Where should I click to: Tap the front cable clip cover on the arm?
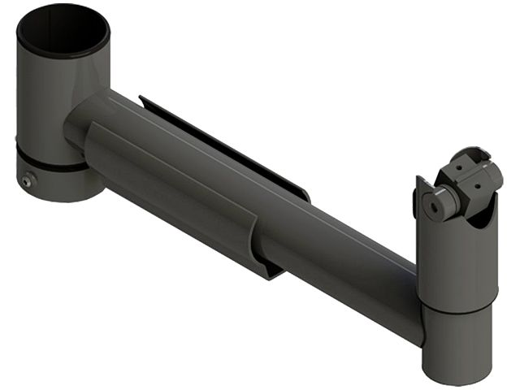(x=175, y=187)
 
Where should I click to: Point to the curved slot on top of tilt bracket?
(x=471, y=154)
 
